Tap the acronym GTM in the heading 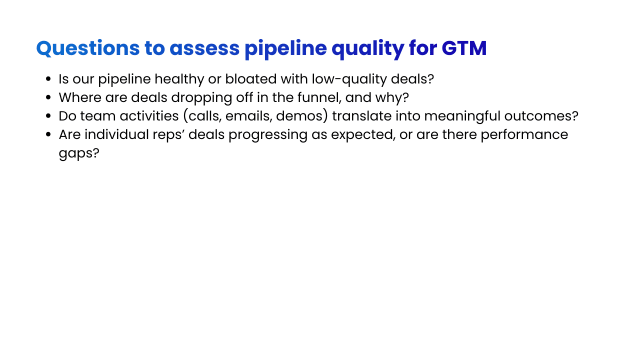tap(464, 48)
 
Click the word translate tap(361, 116)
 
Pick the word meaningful tap(450, 116)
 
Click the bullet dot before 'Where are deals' tap(48, 98)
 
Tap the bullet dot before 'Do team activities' tap(48, 116)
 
